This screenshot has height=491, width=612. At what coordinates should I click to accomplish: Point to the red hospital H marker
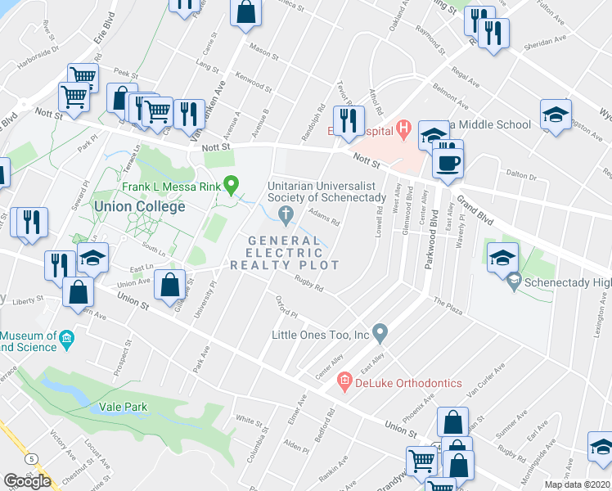point(403,128)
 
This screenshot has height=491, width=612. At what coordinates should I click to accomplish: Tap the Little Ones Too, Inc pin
point(379,333)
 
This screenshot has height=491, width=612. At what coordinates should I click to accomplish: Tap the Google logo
point(27,481)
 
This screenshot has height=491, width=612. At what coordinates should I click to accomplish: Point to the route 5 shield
point(30,460)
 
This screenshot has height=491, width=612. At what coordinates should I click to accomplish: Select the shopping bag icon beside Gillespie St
point(169,286)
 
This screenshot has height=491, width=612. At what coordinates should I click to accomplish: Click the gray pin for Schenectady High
point(513,282)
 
